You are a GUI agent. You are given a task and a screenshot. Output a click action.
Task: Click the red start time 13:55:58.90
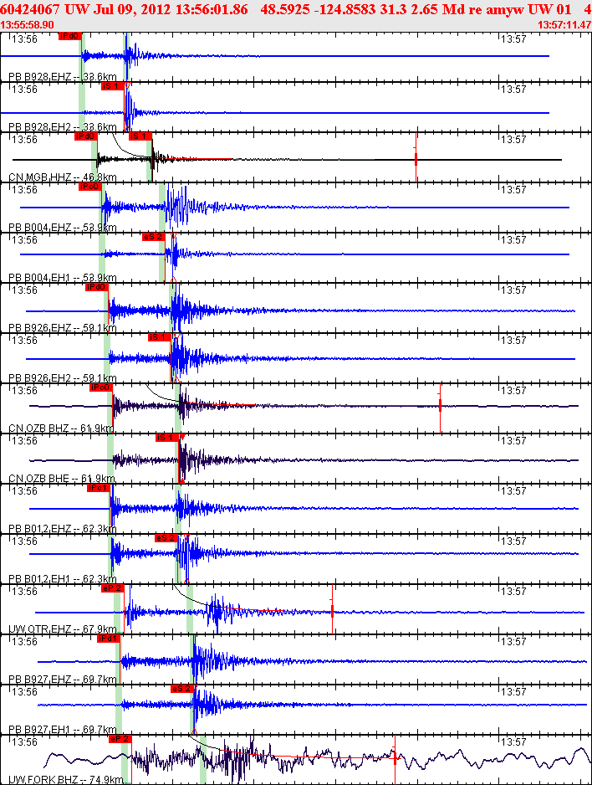[x=28, y=24]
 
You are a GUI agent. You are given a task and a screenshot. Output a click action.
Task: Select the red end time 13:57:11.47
[x=563, y=24]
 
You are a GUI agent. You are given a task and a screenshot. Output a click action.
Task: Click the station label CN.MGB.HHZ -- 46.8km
[x=62, y=177]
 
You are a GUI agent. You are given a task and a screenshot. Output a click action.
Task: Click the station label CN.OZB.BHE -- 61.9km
[x=61, y=479]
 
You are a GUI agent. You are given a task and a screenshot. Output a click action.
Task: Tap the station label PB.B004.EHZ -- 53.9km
[x=62, y=228]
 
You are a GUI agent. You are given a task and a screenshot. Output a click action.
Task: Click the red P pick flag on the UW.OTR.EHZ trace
[x=112, y=588]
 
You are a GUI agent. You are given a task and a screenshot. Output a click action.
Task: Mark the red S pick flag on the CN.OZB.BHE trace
[x=167, y=438]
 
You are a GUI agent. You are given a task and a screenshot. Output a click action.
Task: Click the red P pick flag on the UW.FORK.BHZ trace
[x=120, y=739]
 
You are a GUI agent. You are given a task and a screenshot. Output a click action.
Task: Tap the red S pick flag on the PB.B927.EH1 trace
[x=182, y=689]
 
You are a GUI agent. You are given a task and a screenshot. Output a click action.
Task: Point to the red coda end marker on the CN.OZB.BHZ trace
[x=440, y=405]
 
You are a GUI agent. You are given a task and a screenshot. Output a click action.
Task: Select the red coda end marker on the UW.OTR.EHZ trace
[x=333, y=611]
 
